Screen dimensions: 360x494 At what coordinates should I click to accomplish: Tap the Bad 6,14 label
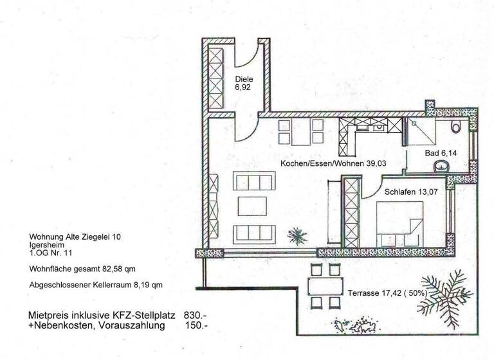point(439,154)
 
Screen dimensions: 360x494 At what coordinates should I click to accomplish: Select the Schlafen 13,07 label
point(408,192)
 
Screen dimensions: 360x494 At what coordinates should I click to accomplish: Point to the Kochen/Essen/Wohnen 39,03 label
point(324,165)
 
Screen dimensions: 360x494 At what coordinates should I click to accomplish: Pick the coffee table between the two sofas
point(252,206)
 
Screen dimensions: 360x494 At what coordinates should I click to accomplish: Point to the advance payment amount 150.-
point(195,326)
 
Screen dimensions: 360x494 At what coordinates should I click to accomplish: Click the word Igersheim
point(46,245)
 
